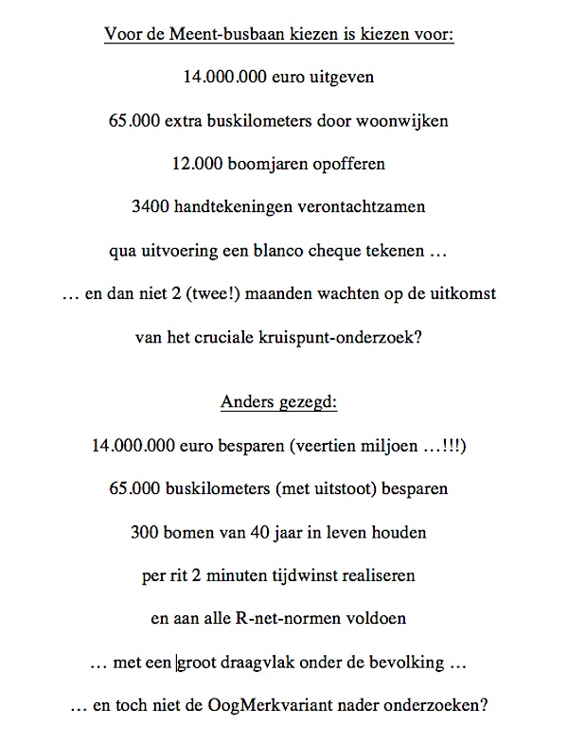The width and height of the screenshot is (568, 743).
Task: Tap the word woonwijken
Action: (415, 120)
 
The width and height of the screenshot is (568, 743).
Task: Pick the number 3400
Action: (163, 207)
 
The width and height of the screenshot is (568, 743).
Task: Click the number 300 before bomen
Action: (147, 532)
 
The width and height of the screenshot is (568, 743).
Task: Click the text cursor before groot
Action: (177, 663)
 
